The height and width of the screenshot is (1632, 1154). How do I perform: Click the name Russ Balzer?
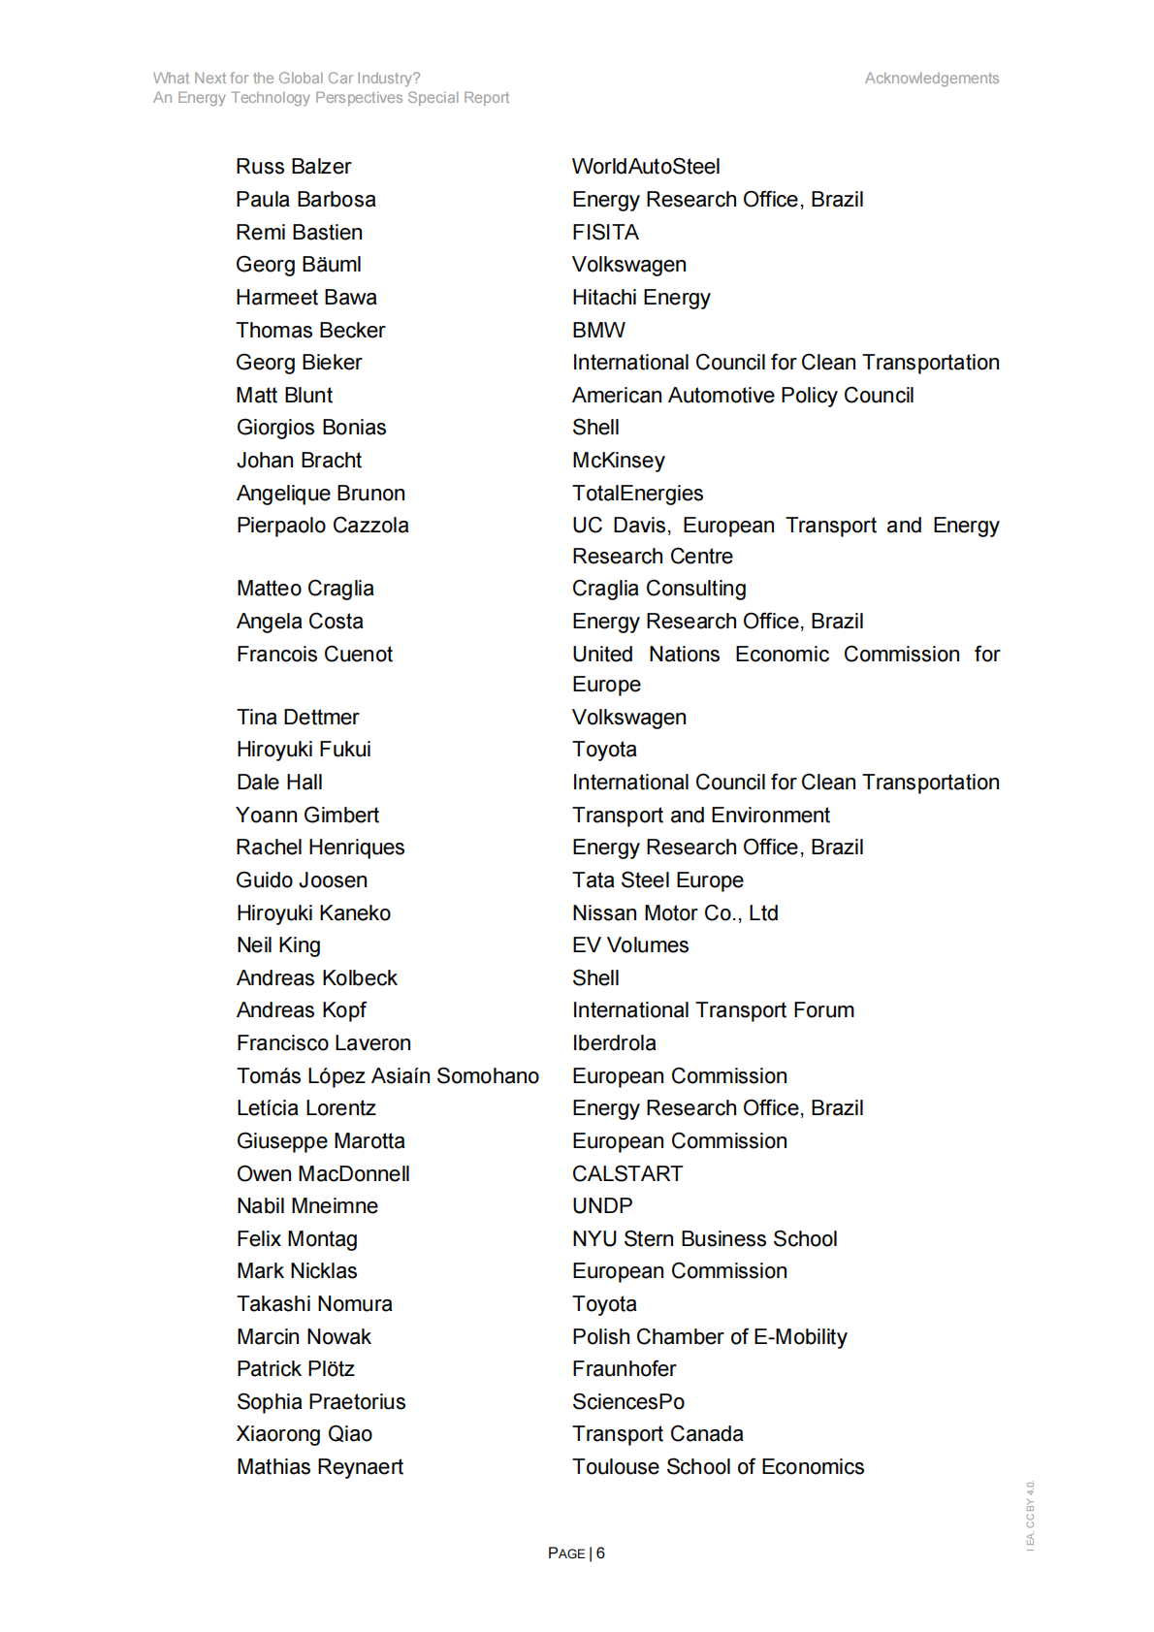pyautogui.click(x=293, y=167)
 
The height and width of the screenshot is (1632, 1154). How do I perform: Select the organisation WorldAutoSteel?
pyautogui.click(x=646, y=167)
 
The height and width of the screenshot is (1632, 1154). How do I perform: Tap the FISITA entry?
pyautogui.click(x=605, y=233)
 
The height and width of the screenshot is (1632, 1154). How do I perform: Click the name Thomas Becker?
pyautogui.click(x=310, y=331)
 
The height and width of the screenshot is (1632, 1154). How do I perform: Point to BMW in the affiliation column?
pyautogui.click(x=598, y=331)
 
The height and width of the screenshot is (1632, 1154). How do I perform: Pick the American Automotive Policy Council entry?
pyautogui.click(x=743, y=396)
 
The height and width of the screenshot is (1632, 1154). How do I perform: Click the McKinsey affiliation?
pyautogui.click(x=619, y=461)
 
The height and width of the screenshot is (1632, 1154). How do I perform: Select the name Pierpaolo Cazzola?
pyautogui.click(x=322, y=526)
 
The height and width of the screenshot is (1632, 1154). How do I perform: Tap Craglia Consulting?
pyautogui.click(x=658, y=589)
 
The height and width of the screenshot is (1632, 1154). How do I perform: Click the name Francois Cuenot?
pyautogui.click(x=314, y=655)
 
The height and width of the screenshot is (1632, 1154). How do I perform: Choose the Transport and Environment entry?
pyautogui.click(x=700, y=816)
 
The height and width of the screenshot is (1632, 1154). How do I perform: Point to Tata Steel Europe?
pyautogui.click(x=657, y=880)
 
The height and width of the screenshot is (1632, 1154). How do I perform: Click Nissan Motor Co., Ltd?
pyautogui.click(x=675, y=913)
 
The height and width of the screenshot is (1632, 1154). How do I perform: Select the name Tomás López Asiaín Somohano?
pyautogui.click(x=387, y=1076)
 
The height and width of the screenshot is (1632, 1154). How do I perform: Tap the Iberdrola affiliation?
pyautogui.click(x=614, y=1043)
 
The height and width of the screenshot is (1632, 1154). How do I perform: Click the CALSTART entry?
pyautogui.click(x=627, y=1174)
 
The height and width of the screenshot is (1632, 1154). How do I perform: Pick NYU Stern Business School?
pyautogui.click(x=704, y=1239)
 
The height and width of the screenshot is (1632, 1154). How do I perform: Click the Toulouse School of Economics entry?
pyautogui.click(x=718, y=1467)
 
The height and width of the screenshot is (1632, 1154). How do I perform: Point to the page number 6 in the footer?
pyautogui.click(x=600, y=1553)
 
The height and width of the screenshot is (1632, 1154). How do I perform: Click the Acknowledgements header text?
pyautogui.click(x=931, y=79)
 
